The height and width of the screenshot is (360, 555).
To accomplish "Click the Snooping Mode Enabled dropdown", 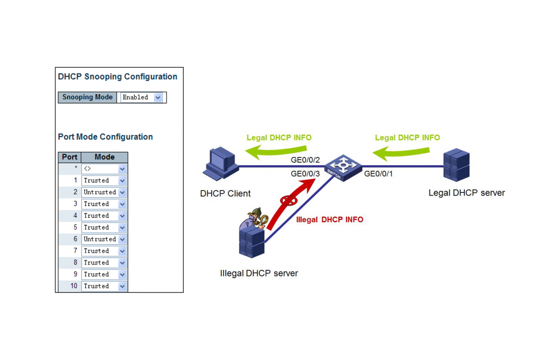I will (x=141, y=98).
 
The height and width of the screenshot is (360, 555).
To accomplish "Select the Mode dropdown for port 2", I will (x=104, y=192).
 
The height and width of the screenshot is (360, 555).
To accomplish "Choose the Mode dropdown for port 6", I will (x=104, y=239).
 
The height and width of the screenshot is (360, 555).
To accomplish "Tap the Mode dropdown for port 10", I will (x=104, y=286).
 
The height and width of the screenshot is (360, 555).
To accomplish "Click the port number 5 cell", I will (x=70, y=227).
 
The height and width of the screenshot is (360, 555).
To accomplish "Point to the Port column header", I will (x=70, y=157).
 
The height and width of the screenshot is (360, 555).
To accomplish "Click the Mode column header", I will (x=104, y=157).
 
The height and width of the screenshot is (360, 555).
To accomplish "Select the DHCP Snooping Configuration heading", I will (x=118, y=77).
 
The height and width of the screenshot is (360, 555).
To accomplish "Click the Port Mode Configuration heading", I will (x=105, y=137).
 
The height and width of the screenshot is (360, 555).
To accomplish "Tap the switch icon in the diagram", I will (x=343, y=167).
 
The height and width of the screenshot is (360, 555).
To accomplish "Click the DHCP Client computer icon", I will (x=220, y=163).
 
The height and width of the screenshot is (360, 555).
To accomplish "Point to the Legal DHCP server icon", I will (x=457, y=165).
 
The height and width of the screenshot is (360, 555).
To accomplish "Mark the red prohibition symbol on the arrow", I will (x=288, y=200).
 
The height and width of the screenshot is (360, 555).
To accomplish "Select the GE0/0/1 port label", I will (x=379, y=174).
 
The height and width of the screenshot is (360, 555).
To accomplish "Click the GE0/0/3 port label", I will (x=305, y=173).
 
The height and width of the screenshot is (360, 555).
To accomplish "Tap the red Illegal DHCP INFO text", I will (x=330, y=220).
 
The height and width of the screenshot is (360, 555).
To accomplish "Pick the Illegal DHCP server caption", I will (x=259, y=274).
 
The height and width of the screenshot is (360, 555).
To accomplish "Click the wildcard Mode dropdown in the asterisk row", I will (x=104, y=169).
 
